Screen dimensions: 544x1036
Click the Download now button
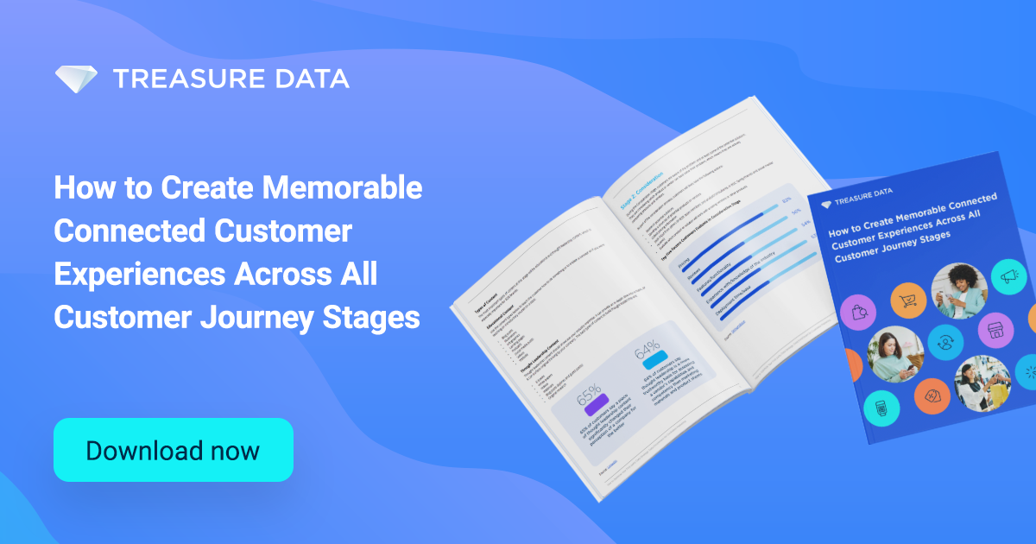tap(173, 450)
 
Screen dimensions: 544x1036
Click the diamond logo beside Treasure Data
tap(77, 79)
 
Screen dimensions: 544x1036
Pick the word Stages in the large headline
tap(379, 317)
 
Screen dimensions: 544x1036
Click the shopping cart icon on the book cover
tap(907, 300)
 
